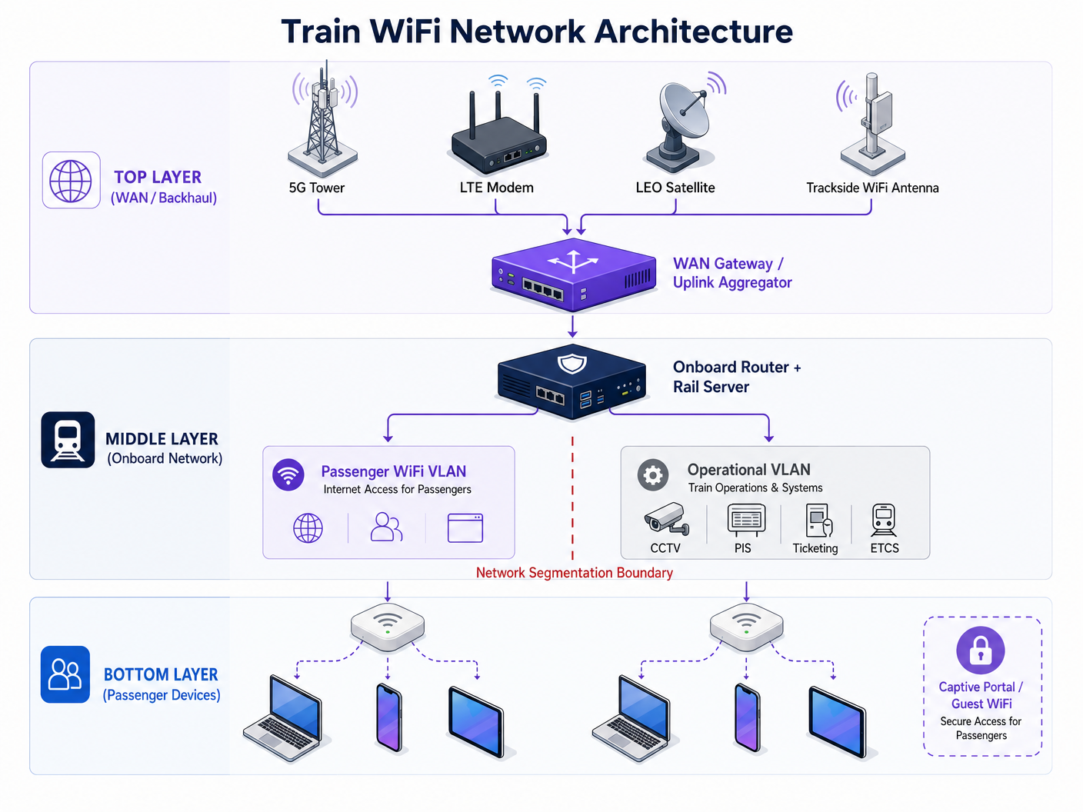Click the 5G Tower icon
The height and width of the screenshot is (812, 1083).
[323, 119]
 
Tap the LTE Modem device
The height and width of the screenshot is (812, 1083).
[499, 138]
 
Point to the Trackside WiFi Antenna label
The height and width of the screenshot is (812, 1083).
[872, 188]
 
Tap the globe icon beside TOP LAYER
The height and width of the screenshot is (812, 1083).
[71, 181]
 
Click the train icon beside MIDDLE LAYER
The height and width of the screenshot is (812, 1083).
[68, 440]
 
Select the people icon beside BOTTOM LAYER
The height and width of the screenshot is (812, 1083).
[65, 674]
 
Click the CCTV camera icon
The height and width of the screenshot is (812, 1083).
[665, 519]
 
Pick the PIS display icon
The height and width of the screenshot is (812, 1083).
[746, 521]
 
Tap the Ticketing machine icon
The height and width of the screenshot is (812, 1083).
[818, 521]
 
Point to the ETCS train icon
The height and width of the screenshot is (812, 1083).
[884, 521]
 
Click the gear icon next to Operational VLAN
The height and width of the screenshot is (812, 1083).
[653, 475]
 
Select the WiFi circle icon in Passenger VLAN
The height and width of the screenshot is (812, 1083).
[288, 475]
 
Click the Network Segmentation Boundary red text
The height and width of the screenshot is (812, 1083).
[574, 573]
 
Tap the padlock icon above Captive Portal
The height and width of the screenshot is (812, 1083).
[980, 651]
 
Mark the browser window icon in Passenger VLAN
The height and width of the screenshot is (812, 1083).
[465, 528]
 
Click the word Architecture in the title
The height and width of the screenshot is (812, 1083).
[694, 32]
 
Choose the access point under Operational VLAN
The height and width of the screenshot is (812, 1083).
[746, 624]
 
